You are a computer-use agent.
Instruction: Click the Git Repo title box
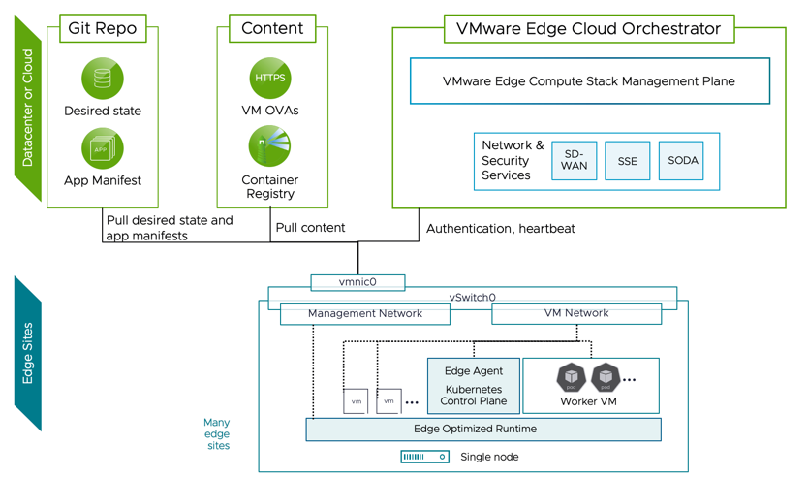[102, 28]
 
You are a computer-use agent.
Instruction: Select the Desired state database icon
[103, 79]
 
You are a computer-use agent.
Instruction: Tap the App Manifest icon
[103, 149]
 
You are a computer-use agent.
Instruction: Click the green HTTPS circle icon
[270, 79]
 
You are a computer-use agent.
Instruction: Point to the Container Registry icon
[270, 147]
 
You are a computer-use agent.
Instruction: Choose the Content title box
[271, 28]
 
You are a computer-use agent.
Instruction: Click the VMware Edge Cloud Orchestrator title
[588, 29]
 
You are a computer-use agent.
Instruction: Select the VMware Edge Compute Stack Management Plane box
[589, 81]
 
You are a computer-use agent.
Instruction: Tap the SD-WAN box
[574, 161]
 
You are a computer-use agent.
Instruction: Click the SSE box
[627, 161]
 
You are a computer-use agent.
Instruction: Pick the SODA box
[682, 161]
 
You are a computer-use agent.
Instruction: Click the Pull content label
[310, 229]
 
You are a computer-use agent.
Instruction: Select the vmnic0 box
[357, 282]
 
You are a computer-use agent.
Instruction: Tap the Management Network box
[365, 314]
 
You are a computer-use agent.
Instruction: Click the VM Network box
[576, 313]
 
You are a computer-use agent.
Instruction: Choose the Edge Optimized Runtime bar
[483, 429]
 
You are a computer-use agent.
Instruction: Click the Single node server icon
[424, 457]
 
